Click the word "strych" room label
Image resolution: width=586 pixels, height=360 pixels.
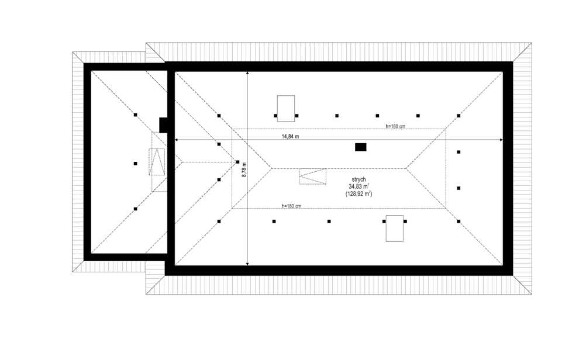point(359,179)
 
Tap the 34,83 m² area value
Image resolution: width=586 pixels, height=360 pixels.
point(359,186)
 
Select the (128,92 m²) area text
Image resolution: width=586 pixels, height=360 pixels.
point(359,194)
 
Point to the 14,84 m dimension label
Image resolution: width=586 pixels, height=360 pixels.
point(291,137)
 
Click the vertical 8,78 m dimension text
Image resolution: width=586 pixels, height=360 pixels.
point(244,169)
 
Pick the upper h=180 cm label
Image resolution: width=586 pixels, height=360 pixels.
point(395,127)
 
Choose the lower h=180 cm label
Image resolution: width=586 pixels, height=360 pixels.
point(291,206)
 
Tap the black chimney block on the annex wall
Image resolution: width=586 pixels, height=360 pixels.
point(163,125)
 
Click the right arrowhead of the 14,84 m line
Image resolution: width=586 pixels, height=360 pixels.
point(502,140)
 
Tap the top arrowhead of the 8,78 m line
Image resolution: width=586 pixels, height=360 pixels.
point(247,73)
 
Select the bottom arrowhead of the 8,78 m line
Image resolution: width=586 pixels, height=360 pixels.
point(247,264)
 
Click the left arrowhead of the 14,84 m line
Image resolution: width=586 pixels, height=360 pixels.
point(177,140)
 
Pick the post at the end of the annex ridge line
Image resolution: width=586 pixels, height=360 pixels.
point(237,162)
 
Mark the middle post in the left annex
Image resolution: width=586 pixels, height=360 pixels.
point(135,164)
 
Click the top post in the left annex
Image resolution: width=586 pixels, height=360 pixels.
point(135,115)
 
